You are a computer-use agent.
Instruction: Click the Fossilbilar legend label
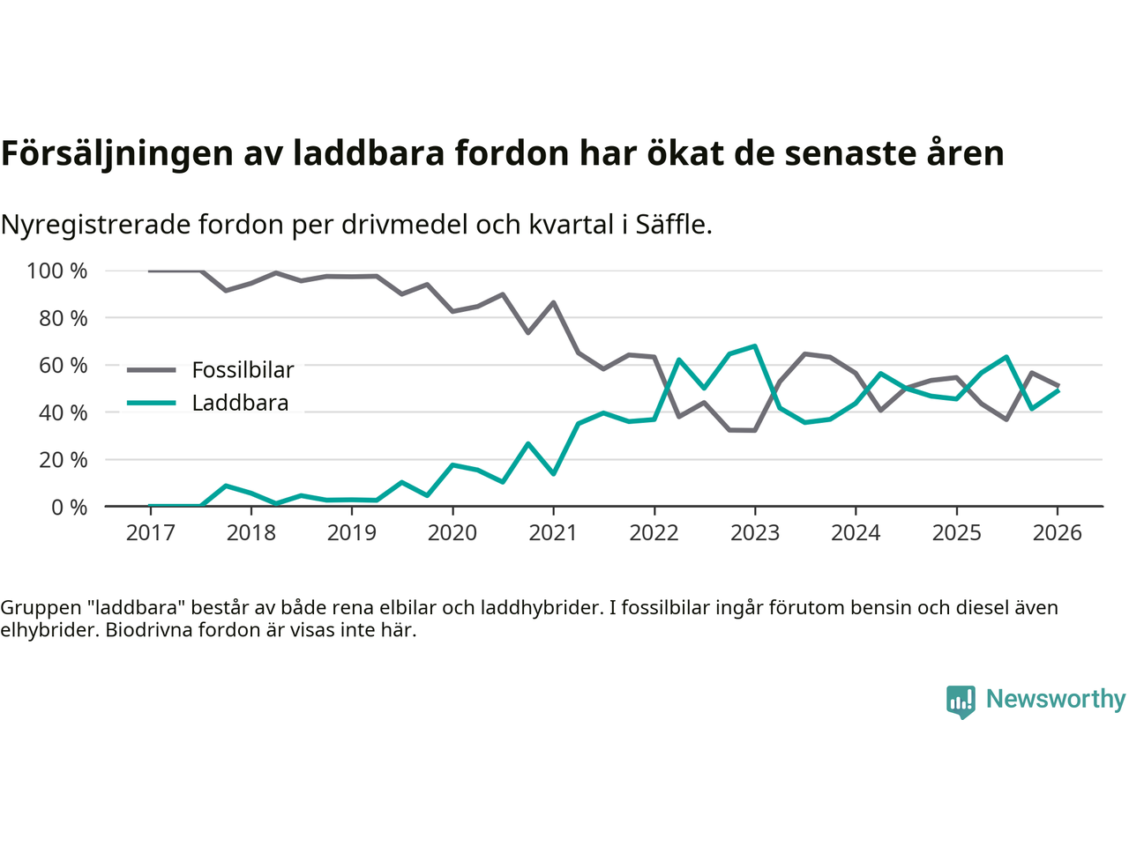click(243, 370)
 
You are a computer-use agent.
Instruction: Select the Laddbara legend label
click(240, 404)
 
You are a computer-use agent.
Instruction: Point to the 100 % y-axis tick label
click(57, 271)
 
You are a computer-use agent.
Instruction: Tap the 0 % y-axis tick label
click(69, 507)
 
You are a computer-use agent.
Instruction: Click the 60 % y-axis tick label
click(63, 365)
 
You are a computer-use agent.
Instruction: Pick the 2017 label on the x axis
click(150, 533)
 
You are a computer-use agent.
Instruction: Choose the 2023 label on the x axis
click(755, 533)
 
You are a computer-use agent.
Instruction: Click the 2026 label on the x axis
click(1058, 533)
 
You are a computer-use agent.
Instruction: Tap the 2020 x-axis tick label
click(452, 533)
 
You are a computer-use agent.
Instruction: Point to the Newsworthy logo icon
click(961, 701)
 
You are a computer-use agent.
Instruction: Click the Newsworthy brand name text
click(1056, 699)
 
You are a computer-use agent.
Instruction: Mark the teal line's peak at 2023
click(755, 345)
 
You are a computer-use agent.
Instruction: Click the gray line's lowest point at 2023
click(755, 430)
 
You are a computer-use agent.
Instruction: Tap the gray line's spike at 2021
click(553, 302)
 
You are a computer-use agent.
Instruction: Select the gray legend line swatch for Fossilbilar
click(152, 370)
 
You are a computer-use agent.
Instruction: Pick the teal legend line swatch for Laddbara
click(152, 404)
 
